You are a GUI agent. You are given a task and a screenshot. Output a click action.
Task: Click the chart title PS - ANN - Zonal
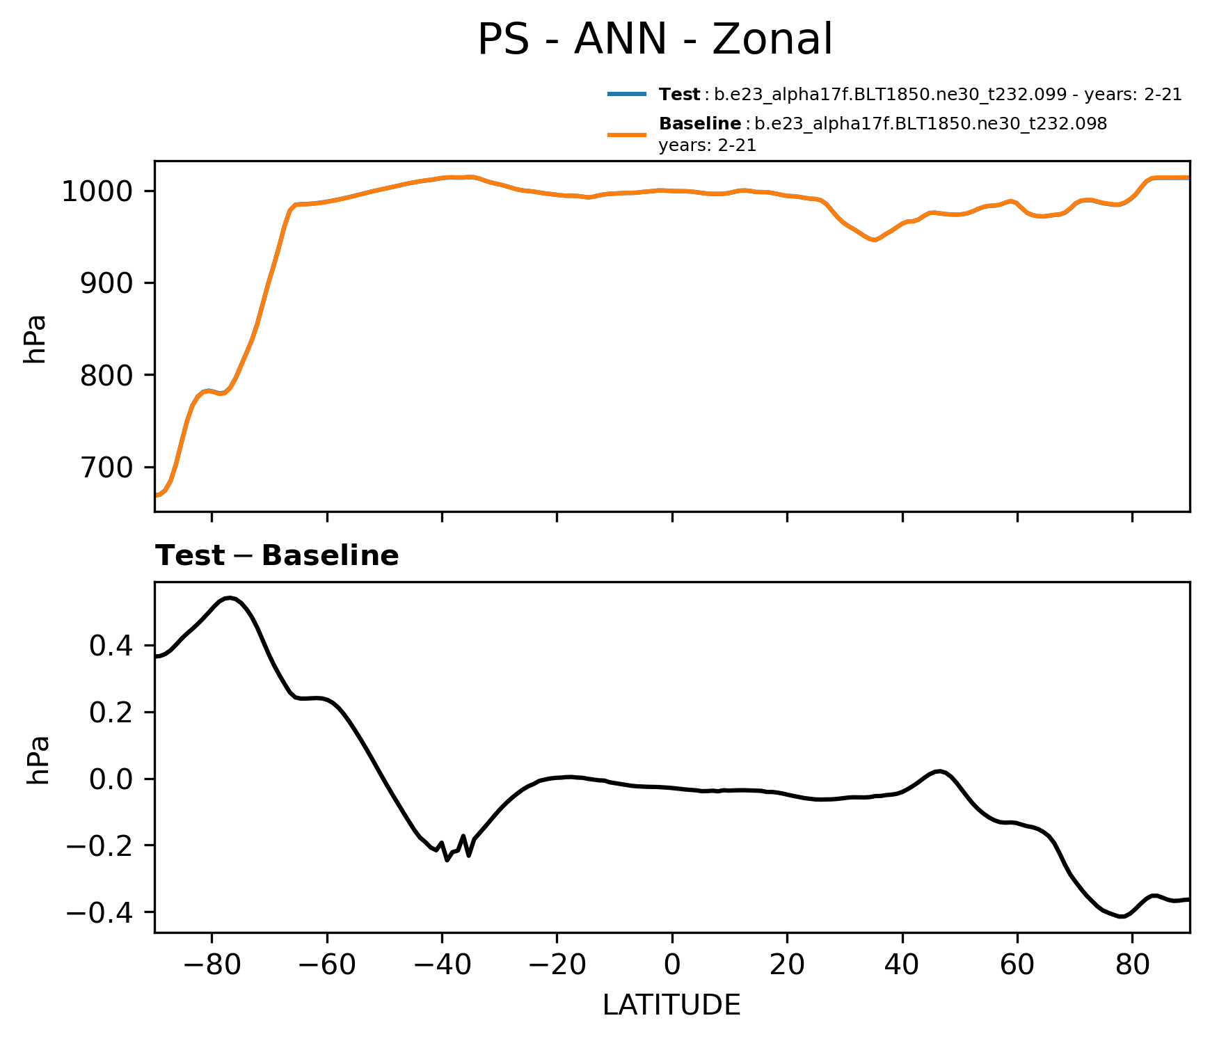654,40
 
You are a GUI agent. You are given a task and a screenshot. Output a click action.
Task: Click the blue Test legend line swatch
627,94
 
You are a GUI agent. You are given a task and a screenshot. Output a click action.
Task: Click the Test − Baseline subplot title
277,556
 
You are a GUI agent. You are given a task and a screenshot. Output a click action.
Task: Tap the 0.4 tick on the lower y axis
111,646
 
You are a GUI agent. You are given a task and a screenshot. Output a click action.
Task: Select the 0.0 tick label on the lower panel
111,779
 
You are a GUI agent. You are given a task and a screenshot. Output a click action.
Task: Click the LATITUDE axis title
671,1006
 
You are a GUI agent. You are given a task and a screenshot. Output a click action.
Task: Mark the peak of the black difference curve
230,598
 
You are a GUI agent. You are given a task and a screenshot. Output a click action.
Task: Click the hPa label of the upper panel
35,339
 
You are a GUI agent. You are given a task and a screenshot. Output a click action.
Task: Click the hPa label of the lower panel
38,760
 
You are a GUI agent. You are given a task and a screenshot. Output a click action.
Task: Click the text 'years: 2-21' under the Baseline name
707,146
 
